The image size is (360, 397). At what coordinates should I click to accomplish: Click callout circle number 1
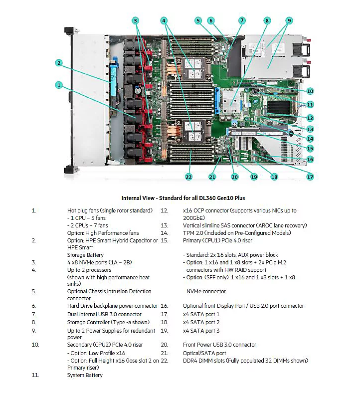59,85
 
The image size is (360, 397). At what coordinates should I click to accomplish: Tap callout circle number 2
59,63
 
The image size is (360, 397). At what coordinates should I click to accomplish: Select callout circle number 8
267,20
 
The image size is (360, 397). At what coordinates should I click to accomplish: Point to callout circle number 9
289,20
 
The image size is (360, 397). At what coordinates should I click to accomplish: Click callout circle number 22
188,177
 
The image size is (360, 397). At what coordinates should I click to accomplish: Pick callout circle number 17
310,177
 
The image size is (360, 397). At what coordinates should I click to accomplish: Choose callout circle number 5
198,20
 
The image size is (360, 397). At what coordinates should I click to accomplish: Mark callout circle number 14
310,139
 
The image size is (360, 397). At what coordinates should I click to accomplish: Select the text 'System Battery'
85,375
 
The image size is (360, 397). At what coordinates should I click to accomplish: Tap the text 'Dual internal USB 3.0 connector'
104,314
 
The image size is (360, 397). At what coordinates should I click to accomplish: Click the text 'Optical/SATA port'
204,353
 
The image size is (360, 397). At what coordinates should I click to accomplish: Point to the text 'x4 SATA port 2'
201,322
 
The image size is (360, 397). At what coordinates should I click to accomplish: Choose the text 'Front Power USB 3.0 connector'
219,345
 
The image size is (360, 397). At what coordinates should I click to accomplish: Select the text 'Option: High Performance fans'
103,233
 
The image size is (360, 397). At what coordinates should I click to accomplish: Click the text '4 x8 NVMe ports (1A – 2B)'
102,262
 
